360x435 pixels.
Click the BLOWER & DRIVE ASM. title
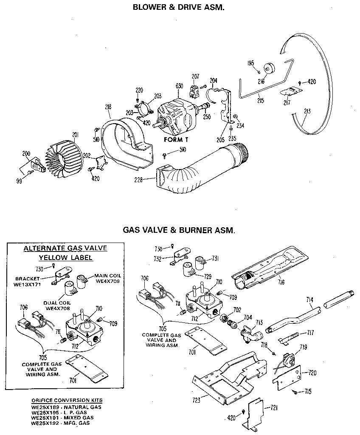pos(179,7)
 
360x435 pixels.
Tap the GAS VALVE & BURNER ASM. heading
pos(179,231)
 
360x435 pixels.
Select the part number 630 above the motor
pos(179,86)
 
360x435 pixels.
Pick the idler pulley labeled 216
pos(269,70)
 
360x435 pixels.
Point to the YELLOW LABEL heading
pos(66,258)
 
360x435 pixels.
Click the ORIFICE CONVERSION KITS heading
pos(67,401)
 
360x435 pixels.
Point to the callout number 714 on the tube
pos(310,300)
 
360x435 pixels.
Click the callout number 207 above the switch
pos(195,77)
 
